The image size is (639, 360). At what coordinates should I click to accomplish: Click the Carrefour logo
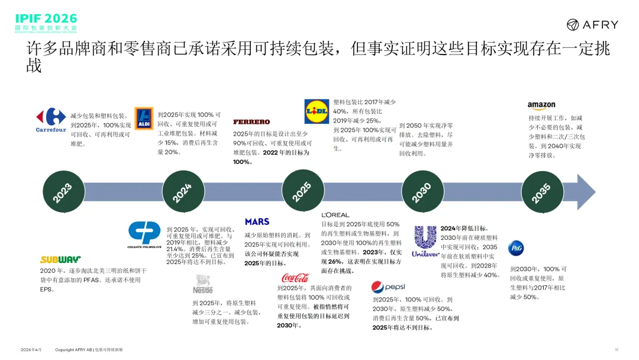click(x=51, y=120)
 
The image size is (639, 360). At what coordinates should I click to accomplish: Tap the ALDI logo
click(x=144, y=118)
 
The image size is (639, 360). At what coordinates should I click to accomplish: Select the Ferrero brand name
click(x=251, y=122)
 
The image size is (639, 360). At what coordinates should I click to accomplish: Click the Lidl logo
click(x=317, y=111)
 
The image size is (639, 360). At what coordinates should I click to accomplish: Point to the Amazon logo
click(x=541, y=106)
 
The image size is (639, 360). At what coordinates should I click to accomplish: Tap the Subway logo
click(x=60, y=259)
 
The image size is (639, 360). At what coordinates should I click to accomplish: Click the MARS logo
click(x=257, y=221)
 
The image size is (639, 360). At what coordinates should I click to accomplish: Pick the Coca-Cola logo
click(x=295, y=277)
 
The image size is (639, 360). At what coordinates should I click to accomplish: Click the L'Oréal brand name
click(x=335, y=214)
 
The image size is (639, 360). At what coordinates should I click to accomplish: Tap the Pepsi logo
click(x=388, y=287)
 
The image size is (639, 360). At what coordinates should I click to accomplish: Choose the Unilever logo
click(x=425, y=240)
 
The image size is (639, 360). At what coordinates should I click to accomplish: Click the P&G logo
click(x=516, y=247)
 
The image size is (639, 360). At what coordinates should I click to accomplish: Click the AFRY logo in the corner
click(x=592, y=24)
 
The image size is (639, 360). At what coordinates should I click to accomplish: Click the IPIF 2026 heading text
click(x=46, y=18)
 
